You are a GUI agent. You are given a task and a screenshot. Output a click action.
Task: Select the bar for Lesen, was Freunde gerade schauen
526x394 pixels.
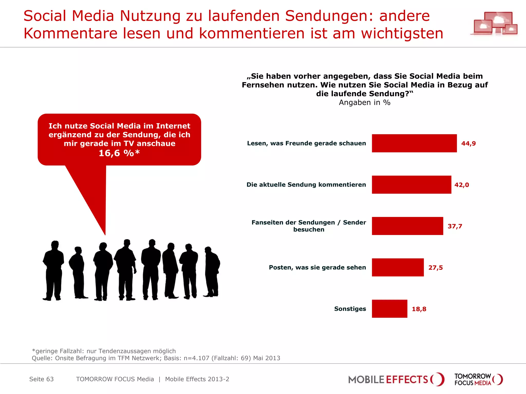click(x=414, y=143)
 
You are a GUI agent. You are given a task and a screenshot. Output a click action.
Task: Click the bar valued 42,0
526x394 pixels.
click(x=411, y=184)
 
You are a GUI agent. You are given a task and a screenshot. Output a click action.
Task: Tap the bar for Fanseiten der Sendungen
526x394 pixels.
click(x=407, y=226)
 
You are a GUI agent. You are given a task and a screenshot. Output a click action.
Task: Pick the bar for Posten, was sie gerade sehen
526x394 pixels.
click(x=398, y=267)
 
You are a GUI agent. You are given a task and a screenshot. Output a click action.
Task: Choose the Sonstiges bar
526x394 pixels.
click(x=389, y=309)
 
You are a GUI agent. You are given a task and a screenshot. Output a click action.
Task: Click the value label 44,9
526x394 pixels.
click(x=468, y=143)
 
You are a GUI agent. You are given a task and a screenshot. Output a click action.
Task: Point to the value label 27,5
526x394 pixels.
click(x=435, y=268)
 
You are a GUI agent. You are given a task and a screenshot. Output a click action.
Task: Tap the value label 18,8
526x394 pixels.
click(x=419, y=309)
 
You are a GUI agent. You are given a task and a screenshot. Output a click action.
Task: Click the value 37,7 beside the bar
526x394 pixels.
click(x=455, y=226)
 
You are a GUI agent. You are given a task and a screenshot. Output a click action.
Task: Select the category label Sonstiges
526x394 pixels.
click(x=350, y=309)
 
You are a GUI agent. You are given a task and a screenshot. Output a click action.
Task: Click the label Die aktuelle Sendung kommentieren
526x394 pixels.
click(x=306, y=184)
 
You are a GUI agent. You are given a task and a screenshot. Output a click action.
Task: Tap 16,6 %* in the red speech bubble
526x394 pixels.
click(x=119, y=153)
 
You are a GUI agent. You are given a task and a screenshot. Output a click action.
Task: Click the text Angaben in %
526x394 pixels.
click(x=364, y=102)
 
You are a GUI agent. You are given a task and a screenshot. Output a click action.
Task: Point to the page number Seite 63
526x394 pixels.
click(x=41, y=379)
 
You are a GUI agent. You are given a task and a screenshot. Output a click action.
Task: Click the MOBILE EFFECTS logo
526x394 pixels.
click(x=396, y=379)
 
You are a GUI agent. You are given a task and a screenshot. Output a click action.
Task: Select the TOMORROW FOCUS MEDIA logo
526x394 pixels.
click(x=478, y=379)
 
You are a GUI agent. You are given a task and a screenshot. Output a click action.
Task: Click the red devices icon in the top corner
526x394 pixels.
click(x=494, y=24)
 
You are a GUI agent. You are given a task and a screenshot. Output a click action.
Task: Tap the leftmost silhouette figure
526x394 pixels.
click(x=53, y=271)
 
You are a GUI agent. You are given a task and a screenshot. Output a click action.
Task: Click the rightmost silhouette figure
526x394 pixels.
click(x=212, y=272)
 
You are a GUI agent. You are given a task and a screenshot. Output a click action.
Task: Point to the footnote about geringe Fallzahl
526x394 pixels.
click(x=104, y=351)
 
